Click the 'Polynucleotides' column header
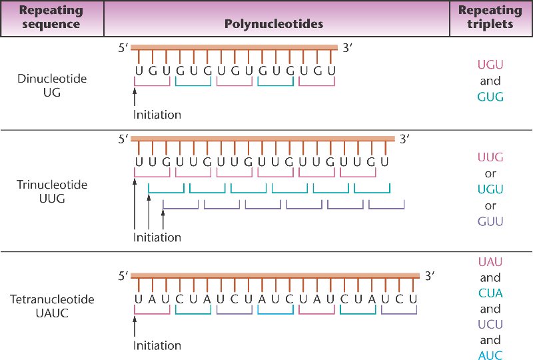[x=274, y=24]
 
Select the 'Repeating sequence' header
[x=51, y=18]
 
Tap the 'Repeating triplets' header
[x=490, y=18]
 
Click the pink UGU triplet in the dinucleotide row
[x=490, y=65]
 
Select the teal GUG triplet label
[x=490, y=97]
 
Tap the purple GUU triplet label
[x=490, y=221]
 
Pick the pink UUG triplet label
[x=490, y=157]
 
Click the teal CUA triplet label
[x=490, y=293]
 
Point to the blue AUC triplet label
[x=490, y=355]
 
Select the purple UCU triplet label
[x=490, y=325]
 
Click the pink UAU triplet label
[x=490, y=263]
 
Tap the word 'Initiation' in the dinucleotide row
[x=157, y=115]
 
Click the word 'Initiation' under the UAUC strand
[x=157, y=346]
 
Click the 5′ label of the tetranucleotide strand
[x=123, y=275]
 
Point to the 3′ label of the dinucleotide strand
[x=348, y=47]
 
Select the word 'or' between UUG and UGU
[x=490, y=174]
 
